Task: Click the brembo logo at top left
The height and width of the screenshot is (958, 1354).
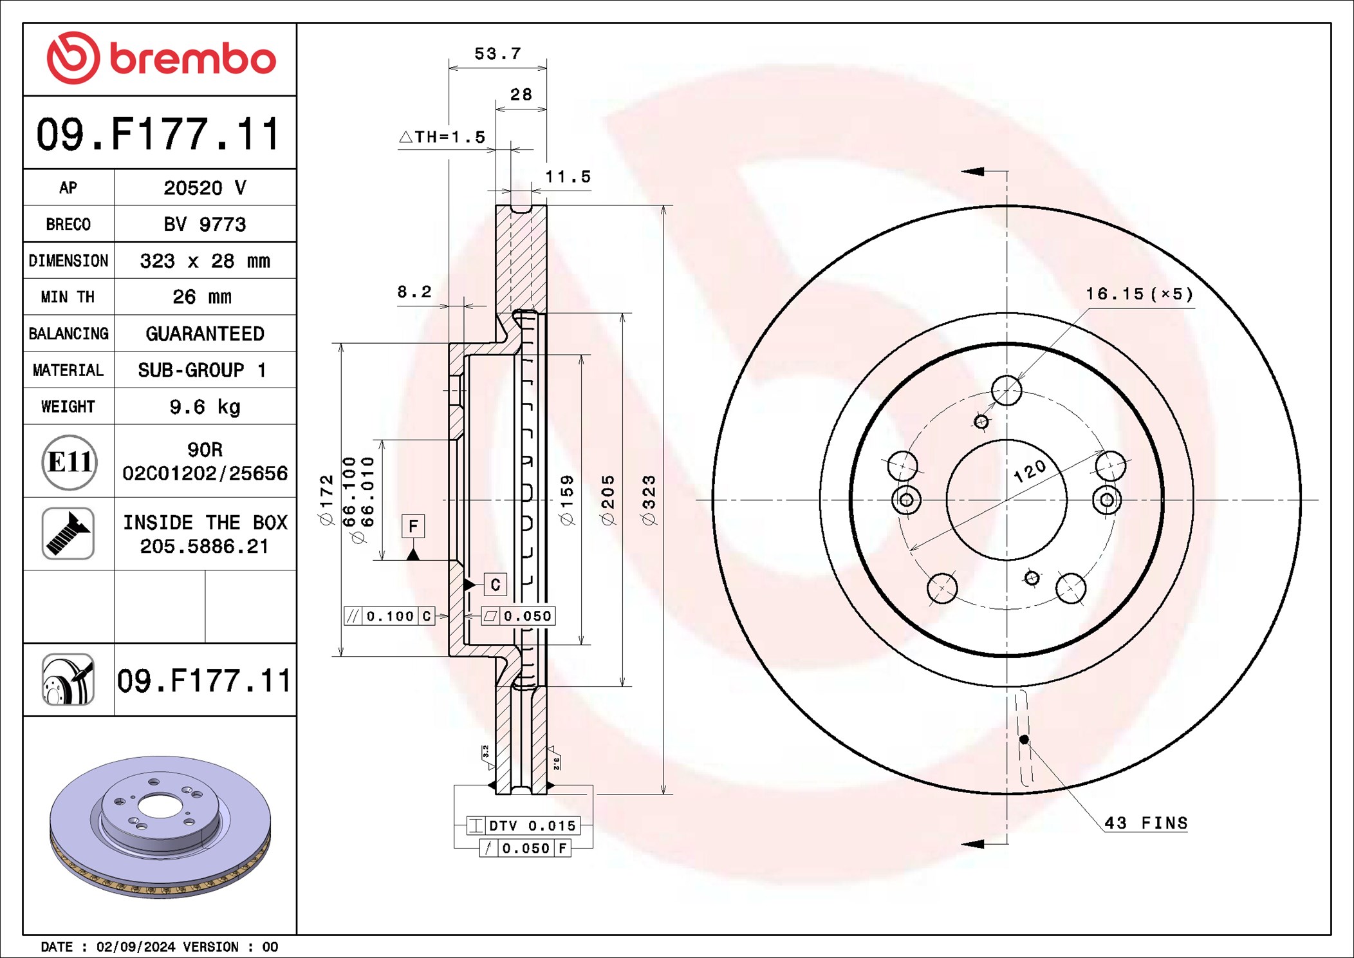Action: point(161,58)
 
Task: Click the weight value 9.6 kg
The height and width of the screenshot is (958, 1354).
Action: point(205,407)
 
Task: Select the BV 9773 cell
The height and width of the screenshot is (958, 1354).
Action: point(205,224)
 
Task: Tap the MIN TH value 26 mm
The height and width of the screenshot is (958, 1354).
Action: point(202,297)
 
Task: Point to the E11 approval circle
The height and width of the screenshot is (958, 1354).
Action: point(70,462)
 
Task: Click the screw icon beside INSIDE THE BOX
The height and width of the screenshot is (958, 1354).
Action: point(68,534)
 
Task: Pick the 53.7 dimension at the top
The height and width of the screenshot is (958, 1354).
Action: point(497,53)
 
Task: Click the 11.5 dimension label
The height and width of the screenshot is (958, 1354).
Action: point(568,176)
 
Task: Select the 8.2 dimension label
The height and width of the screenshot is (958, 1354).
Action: point(414,292)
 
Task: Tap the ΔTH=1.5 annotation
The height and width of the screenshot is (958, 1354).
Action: point(442,137)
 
